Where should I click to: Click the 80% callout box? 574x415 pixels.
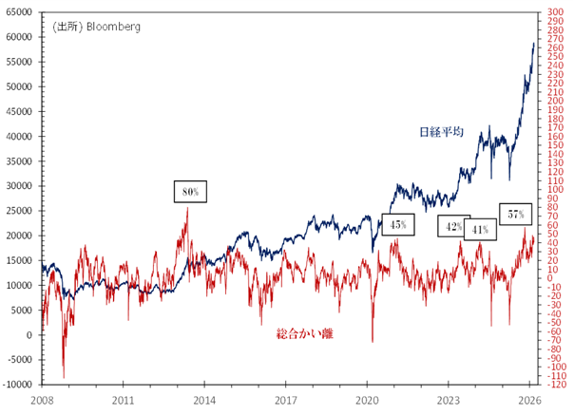click(x=189, y=192)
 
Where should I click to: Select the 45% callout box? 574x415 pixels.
click(x=397, y=225)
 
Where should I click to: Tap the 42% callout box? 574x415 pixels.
click(x=453, y=227)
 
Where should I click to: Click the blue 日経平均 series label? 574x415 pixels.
click(x=440, y=132)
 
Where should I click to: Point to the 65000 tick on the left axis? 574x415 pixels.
click(x=19, y=12)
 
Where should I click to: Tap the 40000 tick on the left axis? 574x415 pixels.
click(x=19, y=136)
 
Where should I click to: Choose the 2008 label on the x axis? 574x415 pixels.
click(x=42, y=402)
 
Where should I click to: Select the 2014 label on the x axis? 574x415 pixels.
click(x=205, y=402)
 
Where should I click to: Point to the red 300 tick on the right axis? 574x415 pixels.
click(x=554, y=12)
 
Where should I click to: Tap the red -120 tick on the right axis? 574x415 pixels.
click(x=556, y=385)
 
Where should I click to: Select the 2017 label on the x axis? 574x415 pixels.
click(x=287, y=402)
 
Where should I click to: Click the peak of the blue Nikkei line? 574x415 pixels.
click(x=532, y=43)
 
